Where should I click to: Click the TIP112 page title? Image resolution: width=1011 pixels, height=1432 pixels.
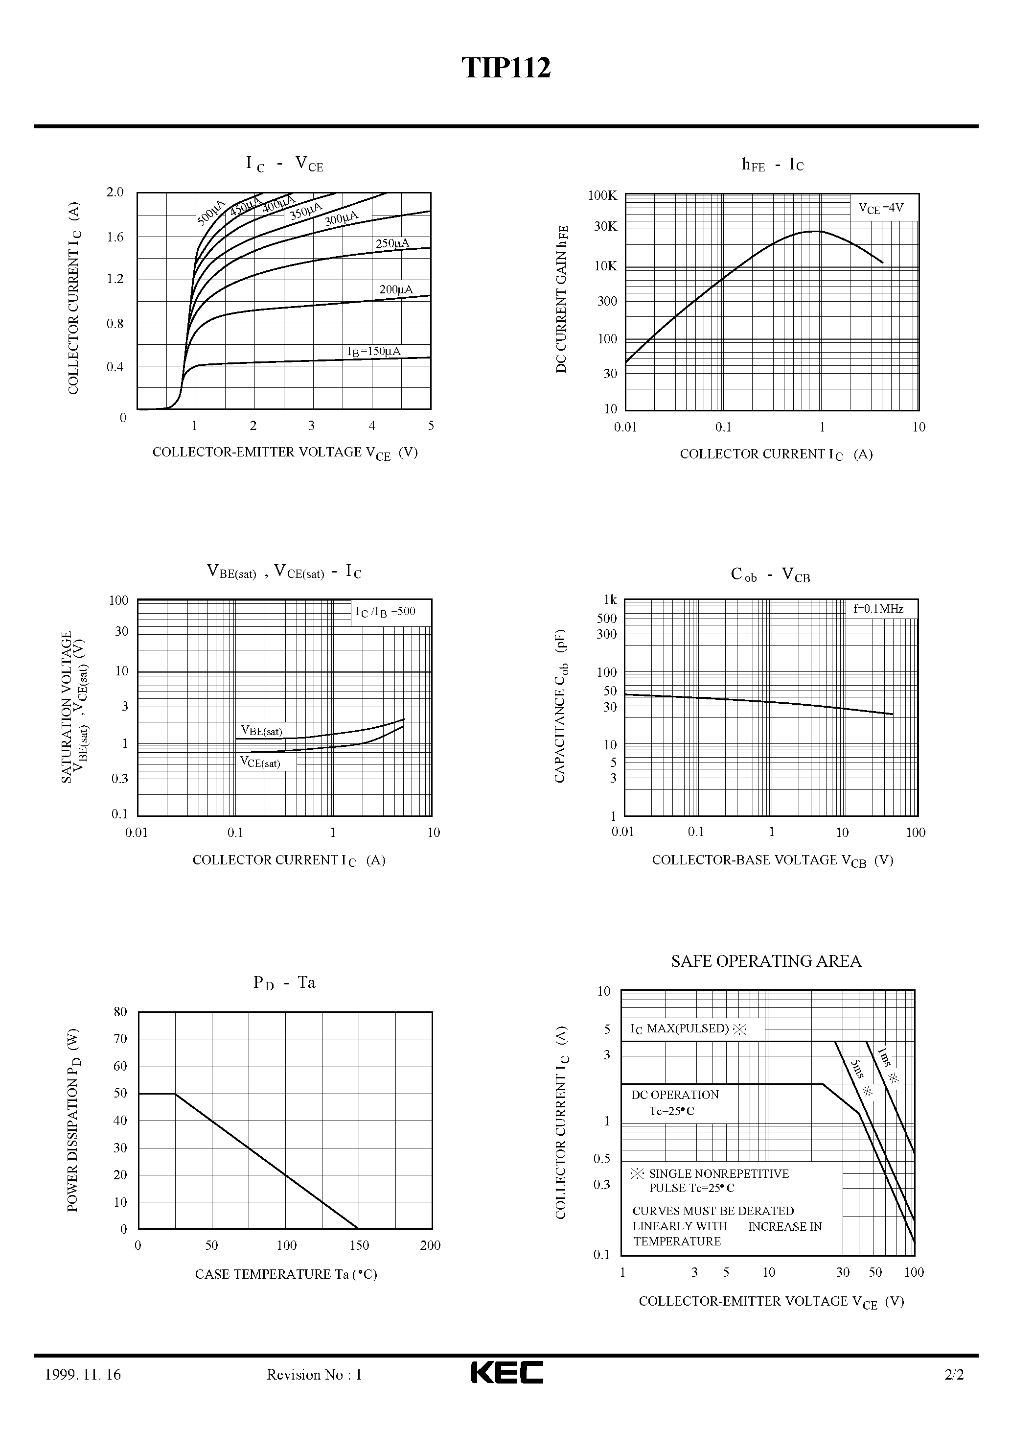(x=506, y=68)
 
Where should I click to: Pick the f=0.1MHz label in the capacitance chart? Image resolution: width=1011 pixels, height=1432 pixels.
(x=878, y=609)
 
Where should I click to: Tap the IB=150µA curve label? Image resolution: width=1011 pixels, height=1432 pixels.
(x=374, y=352)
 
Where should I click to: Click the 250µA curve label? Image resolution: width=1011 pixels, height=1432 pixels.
(x=392, y=243)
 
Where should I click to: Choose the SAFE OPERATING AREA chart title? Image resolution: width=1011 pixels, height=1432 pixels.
(x=766, y=961)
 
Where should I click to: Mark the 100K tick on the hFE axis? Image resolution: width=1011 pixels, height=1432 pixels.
(x=602, y=196)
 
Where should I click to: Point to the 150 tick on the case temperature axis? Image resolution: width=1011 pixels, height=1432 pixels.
(x=359, y=1245)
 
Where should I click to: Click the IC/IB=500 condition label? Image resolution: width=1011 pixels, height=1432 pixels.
(x=385, y=612)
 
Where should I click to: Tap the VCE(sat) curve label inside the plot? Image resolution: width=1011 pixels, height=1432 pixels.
(x=260, y=762)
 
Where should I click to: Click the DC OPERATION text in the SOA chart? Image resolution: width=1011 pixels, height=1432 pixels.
(x=674, y=1095)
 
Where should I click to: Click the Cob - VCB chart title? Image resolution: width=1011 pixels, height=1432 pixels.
(x=770, y=574)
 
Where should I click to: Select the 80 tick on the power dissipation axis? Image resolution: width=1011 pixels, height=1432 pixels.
(x=120, y=1012)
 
